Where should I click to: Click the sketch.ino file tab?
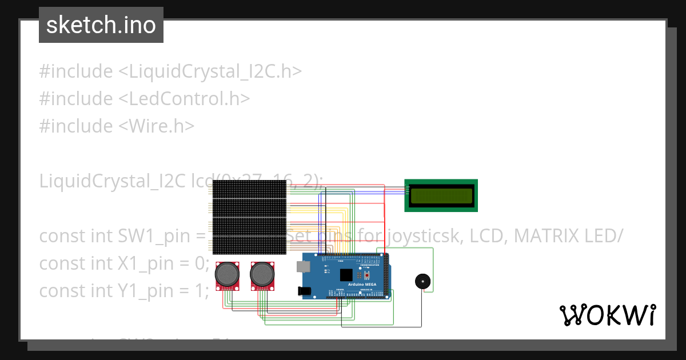[101, 25]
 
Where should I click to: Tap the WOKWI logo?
[607, 315]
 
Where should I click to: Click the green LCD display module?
[441, 195]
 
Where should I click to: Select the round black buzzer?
[422, 281]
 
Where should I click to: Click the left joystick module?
[227, 275]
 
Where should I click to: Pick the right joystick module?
[262, 275]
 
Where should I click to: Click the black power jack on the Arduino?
[304, 291]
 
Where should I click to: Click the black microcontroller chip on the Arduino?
[346, 275]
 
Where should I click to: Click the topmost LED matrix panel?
[249, 189]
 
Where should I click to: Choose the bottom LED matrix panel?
[249, 245]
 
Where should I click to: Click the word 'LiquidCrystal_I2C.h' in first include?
[210, 71]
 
